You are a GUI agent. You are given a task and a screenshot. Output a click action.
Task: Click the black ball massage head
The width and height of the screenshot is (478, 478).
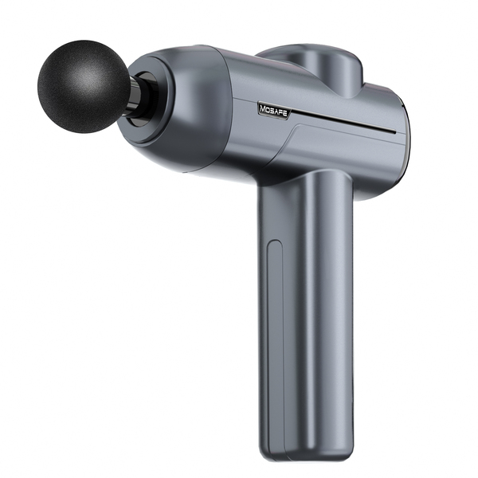tap(84, 86)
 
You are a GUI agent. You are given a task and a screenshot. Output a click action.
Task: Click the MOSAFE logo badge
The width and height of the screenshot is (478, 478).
tap(274, 110)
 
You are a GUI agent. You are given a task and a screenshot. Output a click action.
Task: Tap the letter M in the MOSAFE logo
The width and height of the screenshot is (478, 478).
tap(262, 108)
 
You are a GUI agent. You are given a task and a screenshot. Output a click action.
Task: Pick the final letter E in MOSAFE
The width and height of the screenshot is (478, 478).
tap(284, 114)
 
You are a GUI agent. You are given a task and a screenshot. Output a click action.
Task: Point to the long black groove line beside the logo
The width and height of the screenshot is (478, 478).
tap(343, 121)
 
